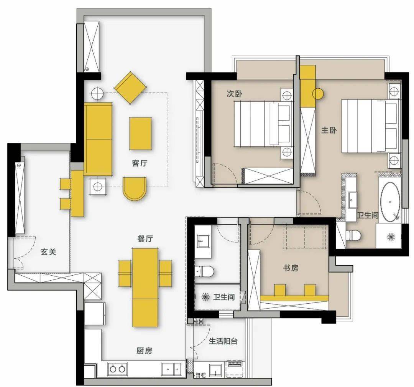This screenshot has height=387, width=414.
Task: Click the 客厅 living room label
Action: pos(140,163)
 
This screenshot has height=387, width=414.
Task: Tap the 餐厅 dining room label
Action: pos(145,238)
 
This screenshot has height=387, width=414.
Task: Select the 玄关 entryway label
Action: pos(49,251)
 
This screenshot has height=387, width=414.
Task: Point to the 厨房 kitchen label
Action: pos(145,351)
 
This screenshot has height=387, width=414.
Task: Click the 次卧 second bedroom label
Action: pos(235,94)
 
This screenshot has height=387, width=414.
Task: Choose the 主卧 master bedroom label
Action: pos(329,130)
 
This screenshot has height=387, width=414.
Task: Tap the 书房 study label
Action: pos(291,268)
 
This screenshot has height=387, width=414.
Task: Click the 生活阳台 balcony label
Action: pos(223,341)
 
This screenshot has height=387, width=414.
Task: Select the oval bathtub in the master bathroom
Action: pos(390,202)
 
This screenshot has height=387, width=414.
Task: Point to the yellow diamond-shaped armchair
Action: pos(130,87)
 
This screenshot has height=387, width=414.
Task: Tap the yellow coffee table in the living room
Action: pos(140,134)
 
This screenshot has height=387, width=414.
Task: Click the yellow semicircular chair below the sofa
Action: pos(135,189)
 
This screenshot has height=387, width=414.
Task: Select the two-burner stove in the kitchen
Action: pos(117,369)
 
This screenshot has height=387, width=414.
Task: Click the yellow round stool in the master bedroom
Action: pos(318,94)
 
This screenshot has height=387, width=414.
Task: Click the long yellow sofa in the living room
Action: pos(98,139)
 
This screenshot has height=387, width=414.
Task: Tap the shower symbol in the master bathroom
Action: pos(391,237)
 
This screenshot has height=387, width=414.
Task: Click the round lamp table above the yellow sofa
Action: pos(97,93)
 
